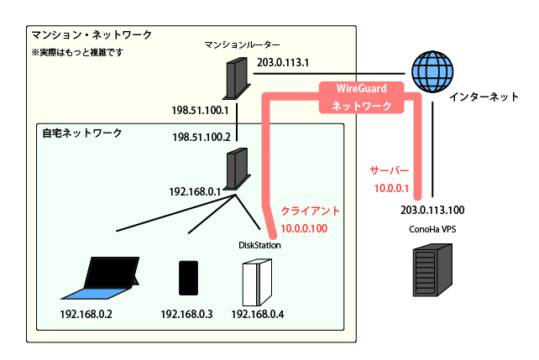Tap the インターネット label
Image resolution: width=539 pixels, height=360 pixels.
click(484, 97)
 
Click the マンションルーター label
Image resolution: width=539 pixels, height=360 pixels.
click(241, 44)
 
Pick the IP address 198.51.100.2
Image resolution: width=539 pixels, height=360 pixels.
click(202, 137)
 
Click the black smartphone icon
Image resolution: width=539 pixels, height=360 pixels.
click(187, 278)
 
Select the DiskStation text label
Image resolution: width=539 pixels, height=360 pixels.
click(260, 245)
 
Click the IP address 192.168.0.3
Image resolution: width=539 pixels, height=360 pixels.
click(186, 315)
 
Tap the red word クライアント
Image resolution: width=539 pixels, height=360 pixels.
click(311, 209)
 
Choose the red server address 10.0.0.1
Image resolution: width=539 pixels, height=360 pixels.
click(390, 188)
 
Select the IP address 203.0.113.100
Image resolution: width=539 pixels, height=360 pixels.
click(432, 210)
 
